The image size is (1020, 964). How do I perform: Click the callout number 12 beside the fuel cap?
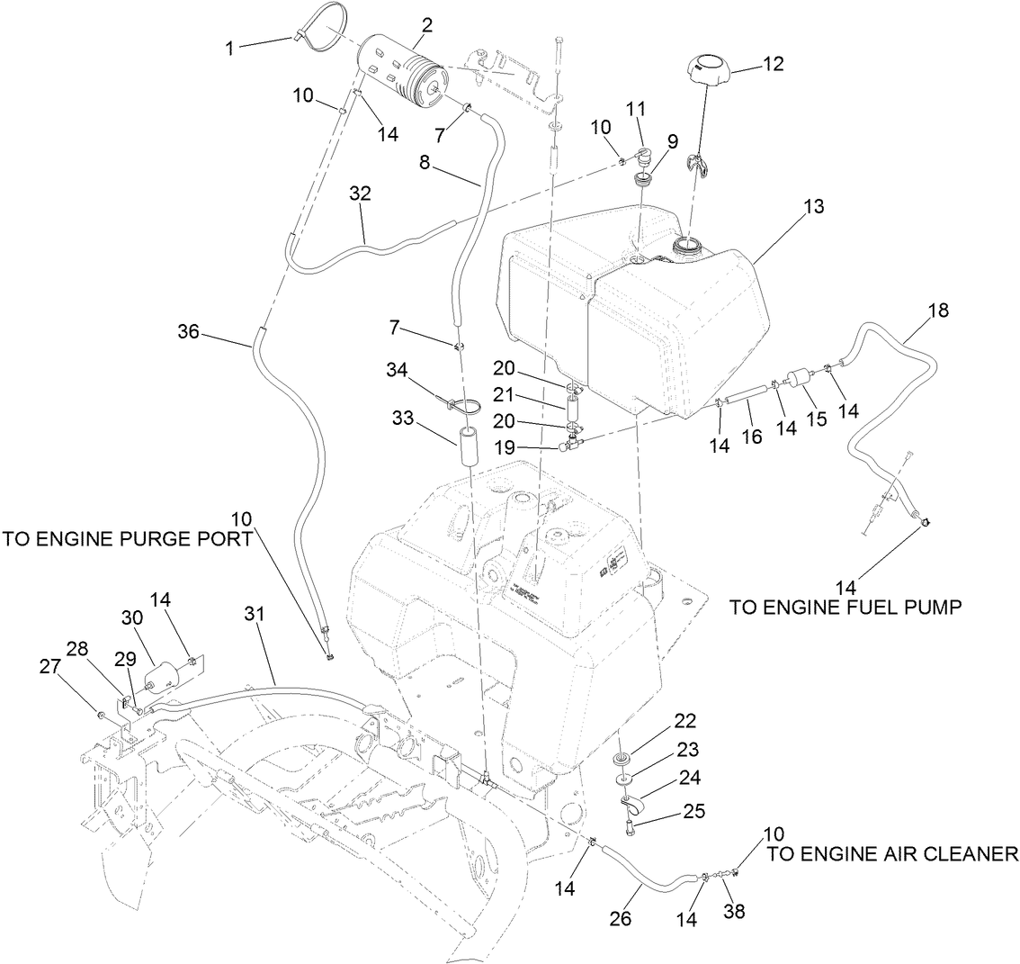[773, 64]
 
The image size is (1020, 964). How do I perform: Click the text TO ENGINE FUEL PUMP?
[846, 608]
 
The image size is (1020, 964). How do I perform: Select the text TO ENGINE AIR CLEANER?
[893, 853]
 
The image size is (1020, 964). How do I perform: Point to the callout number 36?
[188, 332]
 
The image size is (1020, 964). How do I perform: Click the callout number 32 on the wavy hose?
[360, 194]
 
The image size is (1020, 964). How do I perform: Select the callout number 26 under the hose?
[620, 919]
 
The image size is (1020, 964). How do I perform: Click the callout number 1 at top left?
[230, 47]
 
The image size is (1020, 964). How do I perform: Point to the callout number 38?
[735, 912]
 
